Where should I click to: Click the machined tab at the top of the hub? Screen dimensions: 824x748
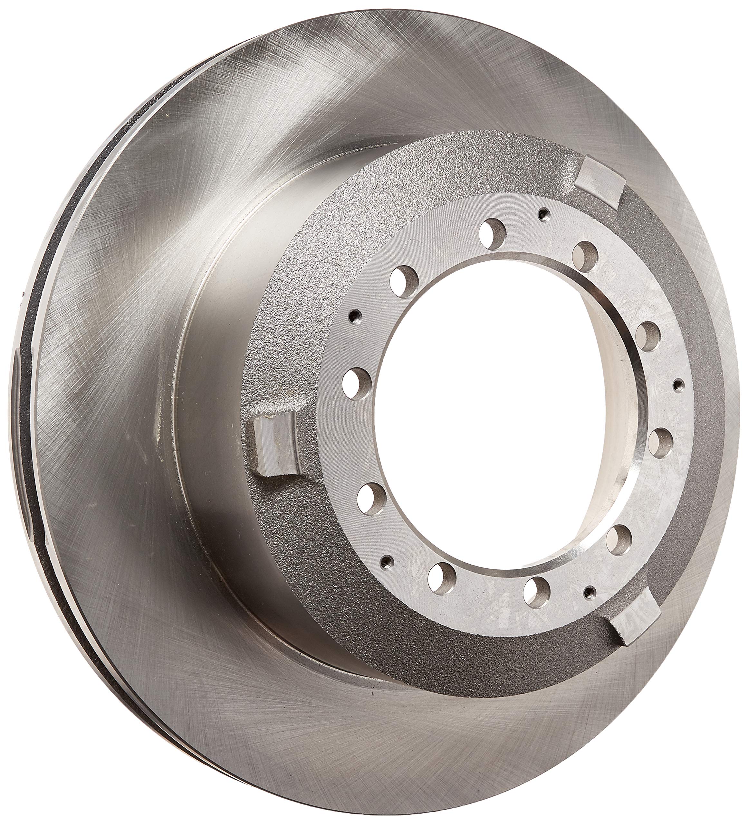601,174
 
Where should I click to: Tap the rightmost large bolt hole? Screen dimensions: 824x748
661,442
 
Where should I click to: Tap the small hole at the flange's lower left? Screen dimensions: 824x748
387,559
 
